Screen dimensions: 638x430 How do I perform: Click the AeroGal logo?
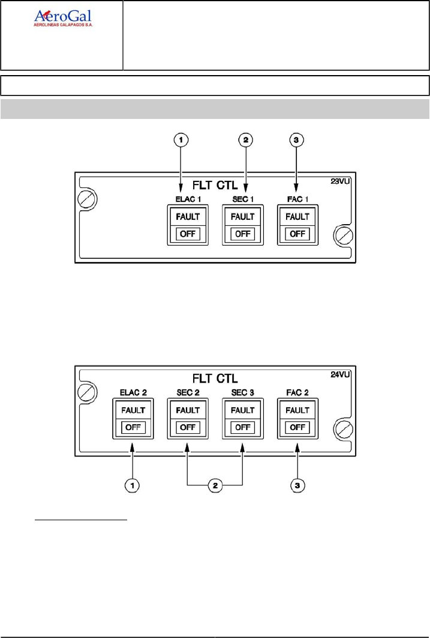62,19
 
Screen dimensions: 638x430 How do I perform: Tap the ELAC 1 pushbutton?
188,225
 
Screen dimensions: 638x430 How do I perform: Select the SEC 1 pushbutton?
243,225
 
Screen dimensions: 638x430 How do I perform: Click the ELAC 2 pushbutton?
134,419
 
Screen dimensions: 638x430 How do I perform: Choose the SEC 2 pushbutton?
188,419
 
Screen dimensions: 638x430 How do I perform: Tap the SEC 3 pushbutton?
243,419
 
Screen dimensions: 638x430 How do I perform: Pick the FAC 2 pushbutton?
297,419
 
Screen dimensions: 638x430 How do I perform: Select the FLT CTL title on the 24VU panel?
214,378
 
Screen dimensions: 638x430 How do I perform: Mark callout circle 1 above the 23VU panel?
182,141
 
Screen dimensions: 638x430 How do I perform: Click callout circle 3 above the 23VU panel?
297,141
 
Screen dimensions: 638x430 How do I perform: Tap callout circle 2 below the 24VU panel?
215,484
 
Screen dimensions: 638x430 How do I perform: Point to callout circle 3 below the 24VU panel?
297,484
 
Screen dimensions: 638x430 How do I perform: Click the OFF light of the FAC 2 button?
297,427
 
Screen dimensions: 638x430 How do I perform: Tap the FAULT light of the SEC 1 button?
243,216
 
